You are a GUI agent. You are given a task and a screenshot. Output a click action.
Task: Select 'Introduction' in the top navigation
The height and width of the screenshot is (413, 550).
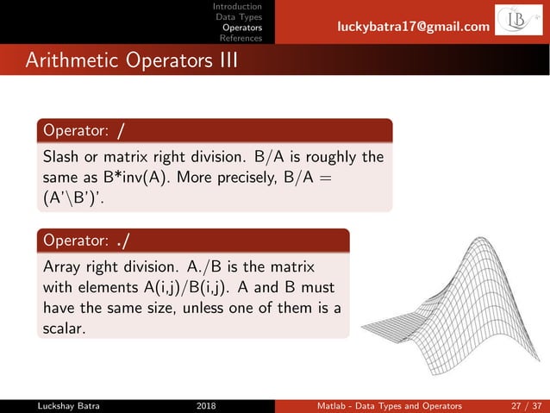coord(238,7)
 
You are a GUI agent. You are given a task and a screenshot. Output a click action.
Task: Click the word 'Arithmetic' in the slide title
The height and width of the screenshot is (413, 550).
coord(71,61)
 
